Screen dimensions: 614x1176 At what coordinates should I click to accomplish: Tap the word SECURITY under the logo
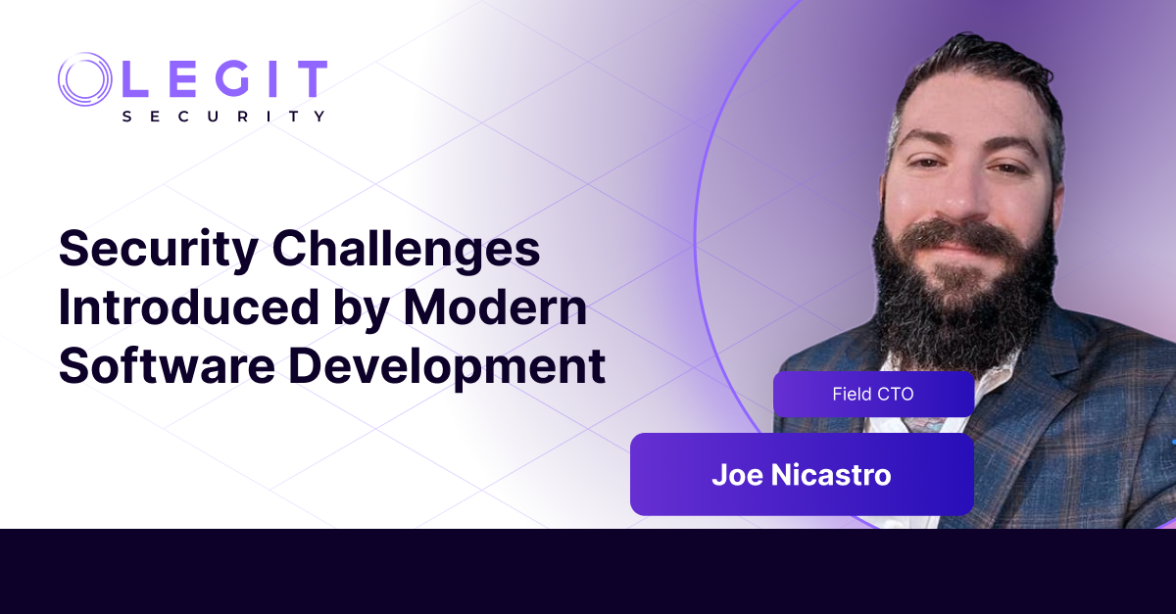click(224, 116)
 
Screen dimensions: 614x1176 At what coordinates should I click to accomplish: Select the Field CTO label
click(873, 394)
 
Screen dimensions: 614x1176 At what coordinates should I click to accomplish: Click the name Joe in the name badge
click(736, 475)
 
